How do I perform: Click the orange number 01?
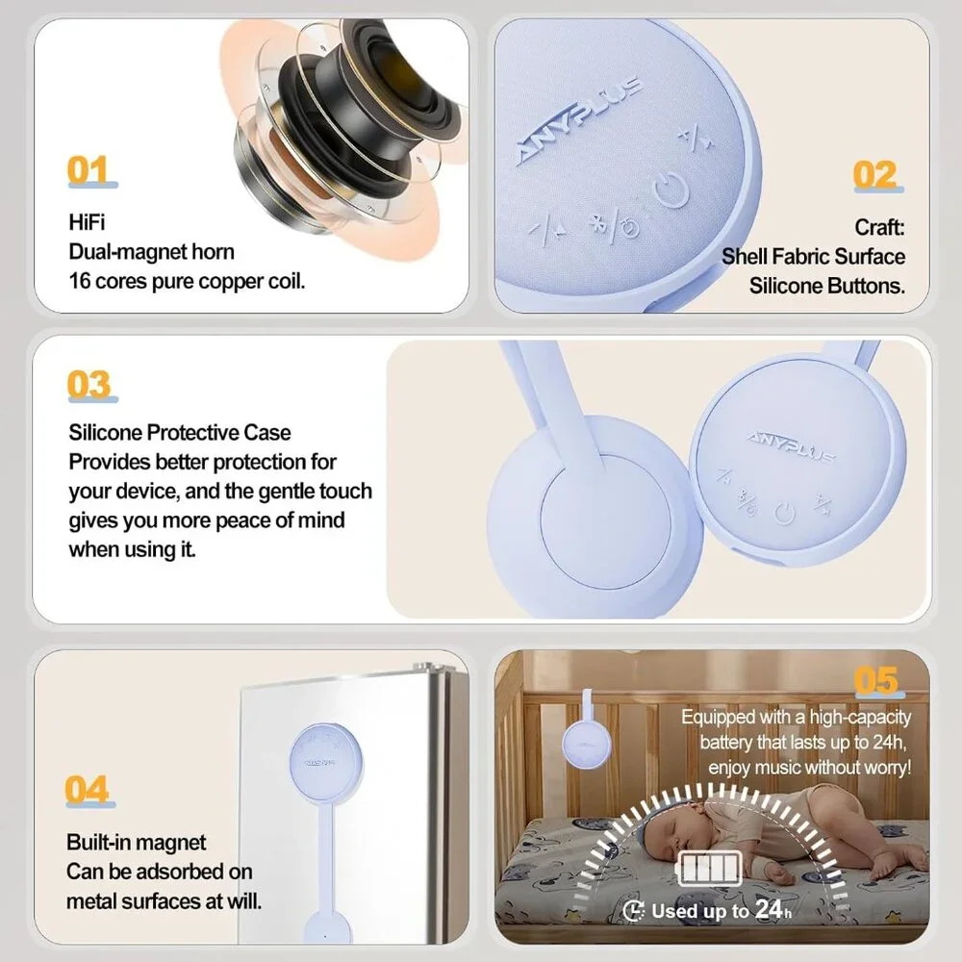pyautogui.click(x=88, y=170)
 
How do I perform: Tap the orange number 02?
pyautogui.click(x=874, y=175)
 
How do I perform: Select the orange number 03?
pyautogui.click(x=89, y=384)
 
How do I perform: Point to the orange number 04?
pyautogui.click(x=88, y=789)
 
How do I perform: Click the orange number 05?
pyautogui.click(x=876, y=680)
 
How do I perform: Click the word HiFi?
pyautogui.click(x=88, y=222)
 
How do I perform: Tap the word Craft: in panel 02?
pyautogui.click(x=880, y=227)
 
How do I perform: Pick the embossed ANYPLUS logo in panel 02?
pyautogui.click(x=579, y=119)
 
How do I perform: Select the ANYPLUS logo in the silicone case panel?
pyautogui.click(x=792, y=446)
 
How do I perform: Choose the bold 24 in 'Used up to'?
pyautogui.click(x=768, y=909)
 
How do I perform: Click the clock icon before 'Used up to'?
pyautogui.click(x=633, y=911)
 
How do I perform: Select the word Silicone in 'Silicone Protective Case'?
pyautogui.click(x=105, y=433)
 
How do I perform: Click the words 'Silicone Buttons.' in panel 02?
pyautogui.click(x=827, y=286)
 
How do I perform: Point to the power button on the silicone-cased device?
pyautogui.click(x=785, y=514)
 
